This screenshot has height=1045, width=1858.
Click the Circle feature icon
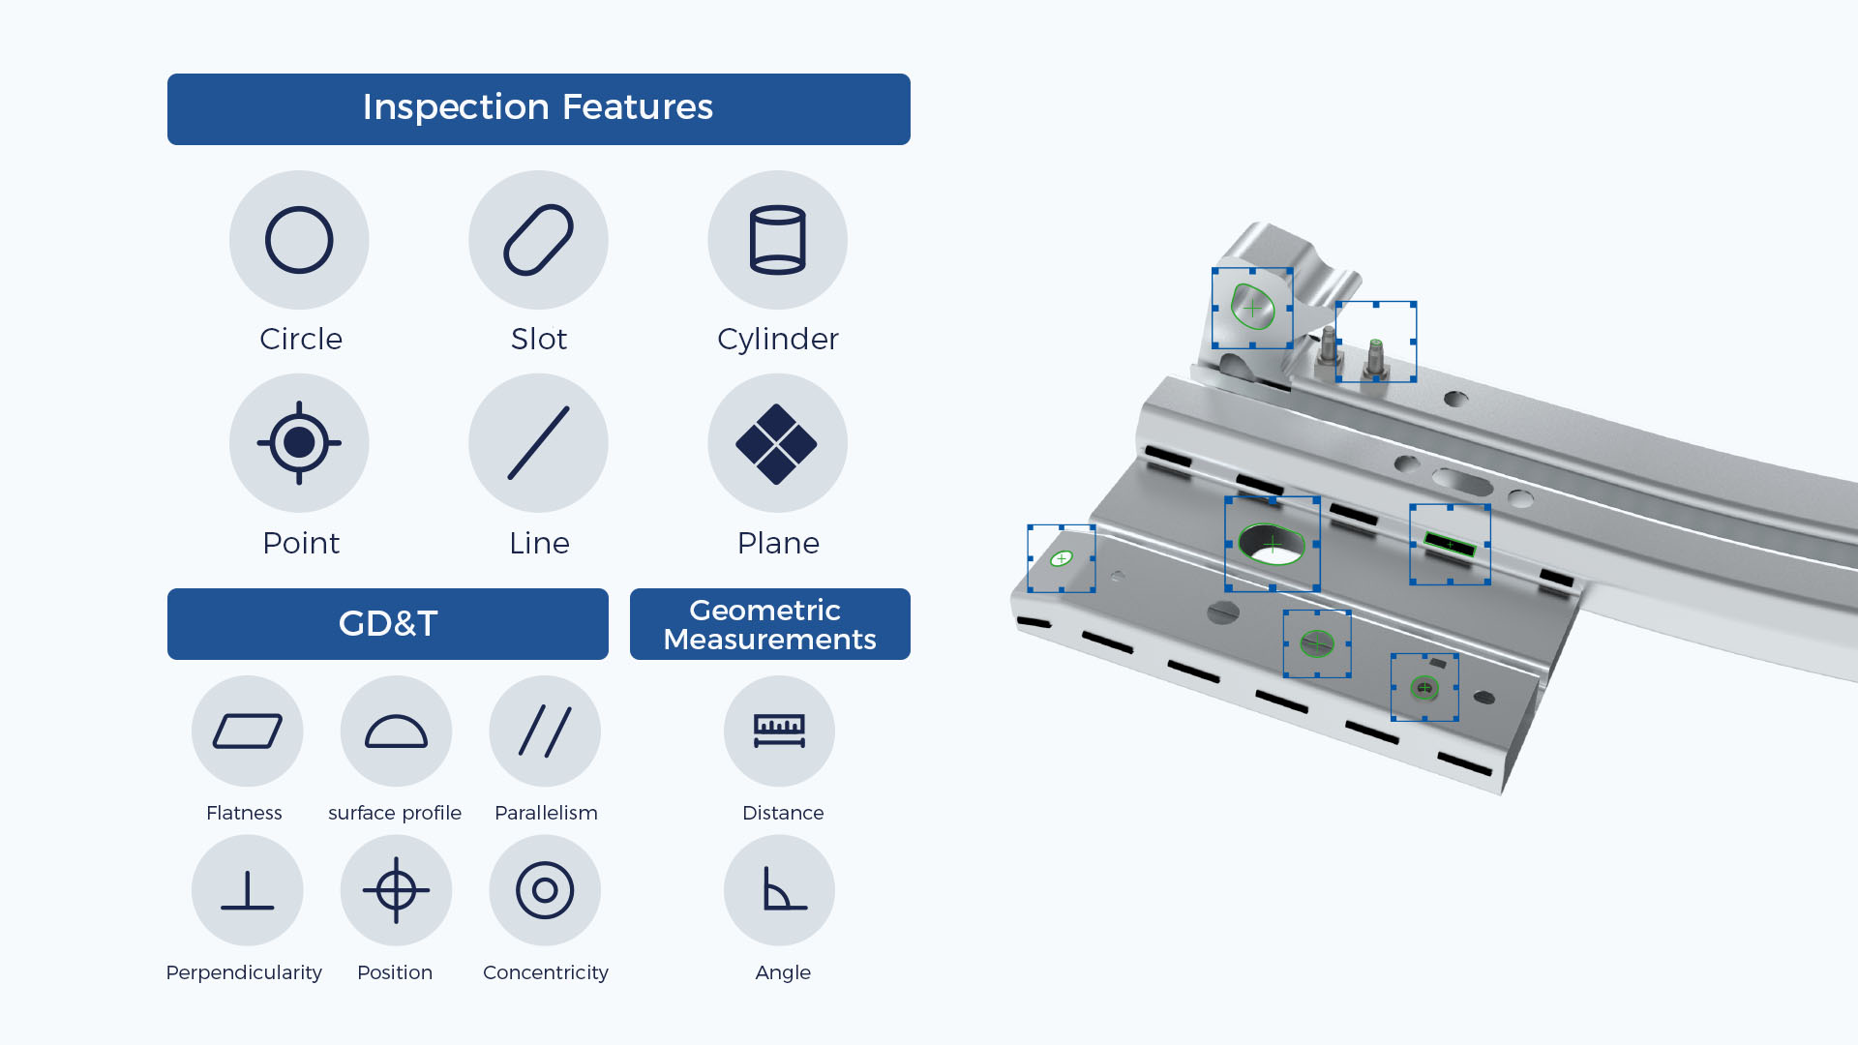pyautogui.click(x=299, y=240)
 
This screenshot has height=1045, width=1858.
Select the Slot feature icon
pyautogui.click(x=538, y=240)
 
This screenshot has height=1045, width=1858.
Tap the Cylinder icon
pyautogui.click(x=777, y=240)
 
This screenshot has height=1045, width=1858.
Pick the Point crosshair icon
pyautogui.click(x=299, y=443)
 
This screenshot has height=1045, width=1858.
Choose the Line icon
pyautogui.click(x=538, y=443)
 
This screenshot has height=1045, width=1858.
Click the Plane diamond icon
pyautogui.click(x=777, y=443)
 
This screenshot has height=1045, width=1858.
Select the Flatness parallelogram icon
pyautogui.click(x=247, y=731)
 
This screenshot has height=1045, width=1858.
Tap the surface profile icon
pyautogui.click(x=396, y=731)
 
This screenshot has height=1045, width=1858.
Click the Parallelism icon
pyautogui.click(x=545, y=731)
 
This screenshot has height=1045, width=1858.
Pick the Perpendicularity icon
pyautogui.click(x=247, y=890)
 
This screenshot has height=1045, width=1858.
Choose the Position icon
pyautogui.click(x=396, y=890)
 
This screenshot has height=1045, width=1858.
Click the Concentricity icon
pyautogui.click(x=545, y=890)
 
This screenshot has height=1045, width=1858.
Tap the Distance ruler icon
pyautogui.click(x=779, y=731)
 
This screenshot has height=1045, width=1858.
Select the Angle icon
pyautogui.click(x=779, y=890)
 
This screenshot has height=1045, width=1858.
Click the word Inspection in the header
pyautogui.click(x=455, y=107)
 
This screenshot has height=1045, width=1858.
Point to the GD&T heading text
pyautogui.click(x=388, y=624)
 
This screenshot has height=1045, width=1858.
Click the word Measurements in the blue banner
pyautogui.click(x=769, y=640)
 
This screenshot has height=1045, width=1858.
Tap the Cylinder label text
pyautogui.click(x=777, y=340)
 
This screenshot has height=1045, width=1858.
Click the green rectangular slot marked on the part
pyautogui.click(x=1450, y=545)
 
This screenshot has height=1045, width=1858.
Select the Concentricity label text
pyautogui.click(x=545, y=972)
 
